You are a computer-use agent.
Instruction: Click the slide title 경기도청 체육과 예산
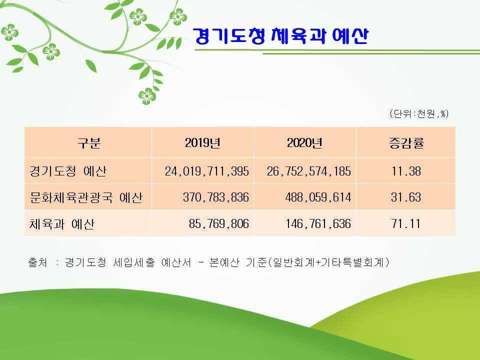pyautogui.click(x=280, y=36)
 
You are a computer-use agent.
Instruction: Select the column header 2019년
pyautogui.click(x=202, y=142)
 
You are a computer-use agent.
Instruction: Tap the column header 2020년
pyautogui.click(x=304, y=142)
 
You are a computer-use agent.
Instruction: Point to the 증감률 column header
pyautogui.click(x=406, y=142)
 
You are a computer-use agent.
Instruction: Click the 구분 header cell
pyautogui.click(x=89, y=142)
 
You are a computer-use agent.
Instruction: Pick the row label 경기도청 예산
pyautogui.click(x=68, y=171)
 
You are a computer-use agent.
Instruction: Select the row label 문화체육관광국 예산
pyautogui.click(x=86, y=197)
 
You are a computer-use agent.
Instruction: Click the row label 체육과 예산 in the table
pyautogui.click(x=62, y=224)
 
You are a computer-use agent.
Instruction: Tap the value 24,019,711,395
pyautogui.click(x=207, y=171)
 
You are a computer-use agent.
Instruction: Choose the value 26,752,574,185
pyautogui.click(x=309, y=171)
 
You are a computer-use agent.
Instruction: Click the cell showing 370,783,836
pyautogui.click(x=216, y=197)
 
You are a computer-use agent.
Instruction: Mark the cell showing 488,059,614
pyautogui.click(x=318, y=197)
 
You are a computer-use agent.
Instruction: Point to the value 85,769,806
pyautogui.click(x=219, y=224)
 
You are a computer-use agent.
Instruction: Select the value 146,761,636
pyautogui.click(x=318, y=224)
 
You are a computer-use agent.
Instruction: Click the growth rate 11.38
pyautogui.click(x=406, y=171)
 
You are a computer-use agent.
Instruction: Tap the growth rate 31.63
pyautogui.click(x=406, y=197)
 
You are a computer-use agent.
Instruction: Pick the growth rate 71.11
pyautogui.click(x=406, y=224)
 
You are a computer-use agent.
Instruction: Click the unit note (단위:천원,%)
pyautogui.click(x=419, y=114)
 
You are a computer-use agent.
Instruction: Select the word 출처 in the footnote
pyautogui.click(x=37, y=262)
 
